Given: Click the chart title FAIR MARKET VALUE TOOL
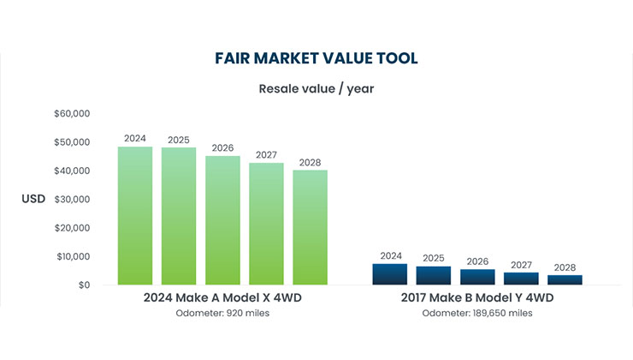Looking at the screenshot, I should click(316, 58).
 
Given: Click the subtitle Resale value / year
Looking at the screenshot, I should click(316, 87).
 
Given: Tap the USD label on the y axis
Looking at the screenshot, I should click(33, 199).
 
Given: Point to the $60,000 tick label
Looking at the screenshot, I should click(72, 113).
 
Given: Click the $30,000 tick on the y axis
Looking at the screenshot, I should click(72, 199).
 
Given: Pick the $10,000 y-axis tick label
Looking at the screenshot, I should click(72, 256).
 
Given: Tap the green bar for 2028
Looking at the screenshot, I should click(310, 227).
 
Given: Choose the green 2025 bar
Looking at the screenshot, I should click(179, 216).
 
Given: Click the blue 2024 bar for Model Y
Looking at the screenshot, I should click(391, 274).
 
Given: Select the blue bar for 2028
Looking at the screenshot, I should click(565, 279).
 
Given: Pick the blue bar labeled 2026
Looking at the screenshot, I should click(477, 277).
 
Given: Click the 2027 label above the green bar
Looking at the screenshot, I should click(266, 155).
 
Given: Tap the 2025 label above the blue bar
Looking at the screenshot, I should click(434, 258).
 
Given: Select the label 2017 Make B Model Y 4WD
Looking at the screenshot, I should click(477, 297).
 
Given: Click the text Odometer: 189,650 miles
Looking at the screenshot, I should click(477, 314).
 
